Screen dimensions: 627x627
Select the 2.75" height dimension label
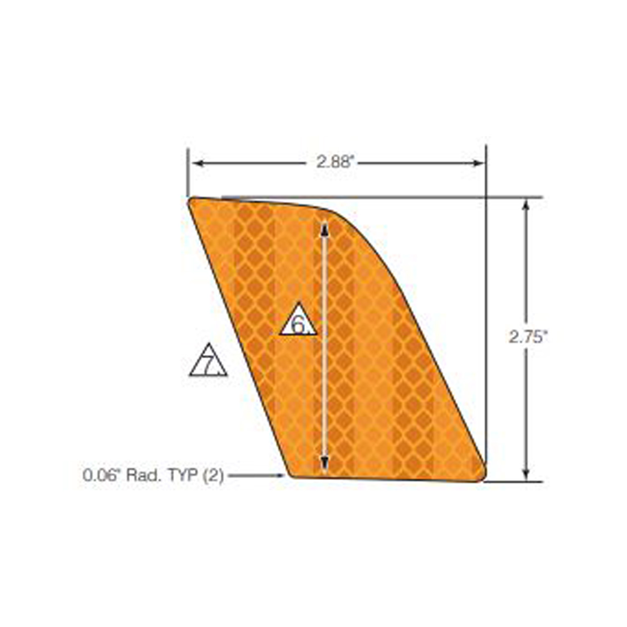[x=528, y=336]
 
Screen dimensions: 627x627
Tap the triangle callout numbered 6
[x=298, y=321]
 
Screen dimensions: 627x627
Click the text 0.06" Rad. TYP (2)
[x=153, y=475]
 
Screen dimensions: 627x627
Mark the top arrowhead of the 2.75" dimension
[x=526, y=204]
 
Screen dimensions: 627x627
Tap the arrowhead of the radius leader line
[x=282, y=475]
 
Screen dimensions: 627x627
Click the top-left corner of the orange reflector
[x=191, y=201]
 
